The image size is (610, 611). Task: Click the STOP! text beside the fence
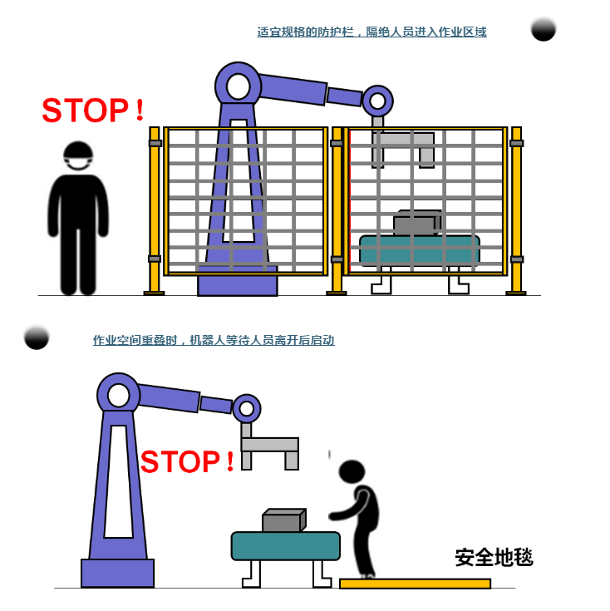click(93, 111)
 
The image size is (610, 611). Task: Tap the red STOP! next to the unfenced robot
click(187, 461)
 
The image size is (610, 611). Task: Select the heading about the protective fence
click(371, 32)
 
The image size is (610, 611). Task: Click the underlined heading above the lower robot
click(214, 340)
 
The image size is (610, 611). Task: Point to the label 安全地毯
click(494, 557)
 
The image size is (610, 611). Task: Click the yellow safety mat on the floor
click(415, 584)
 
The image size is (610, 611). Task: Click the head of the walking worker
click(352, 471)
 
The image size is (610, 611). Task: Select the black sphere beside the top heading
click(544, 29)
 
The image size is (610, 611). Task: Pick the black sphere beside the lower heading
click(37, 337)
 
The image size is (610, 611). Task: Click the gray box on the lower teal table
click(284, 520)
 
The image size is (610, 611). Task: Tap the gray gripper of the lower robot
click(269, 447)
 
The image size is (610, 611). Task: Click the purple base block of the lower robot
click(118, 573)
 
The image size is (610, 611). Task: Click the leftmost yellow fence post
click(155, 210)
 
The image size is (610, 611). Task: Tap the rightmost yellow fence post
click(517, 210)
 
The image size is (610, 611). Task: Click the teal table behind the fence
click(420, 250)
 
